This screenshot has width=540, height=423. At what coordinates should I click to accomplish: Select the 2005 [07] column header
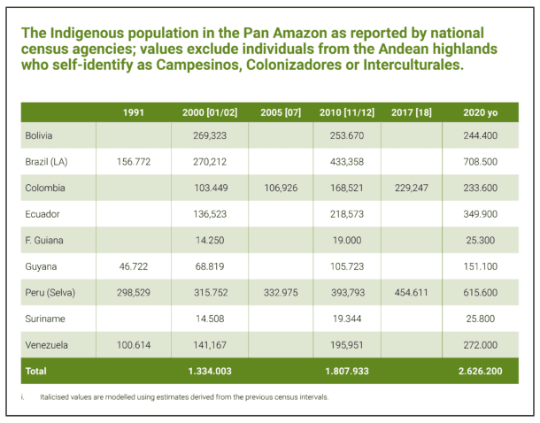point(281,112)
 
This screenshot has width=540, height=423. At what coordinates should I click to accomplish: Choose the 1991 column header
point(135,112)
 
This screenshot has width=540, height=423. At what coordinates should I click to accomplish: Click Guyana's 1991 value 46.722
point(135,266)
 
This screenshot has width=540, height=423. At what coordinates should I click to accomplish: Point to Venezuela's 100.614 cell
point(135,344)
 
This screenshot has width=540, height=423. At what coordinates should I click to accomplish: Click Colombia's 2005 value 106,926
point(281,188)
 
